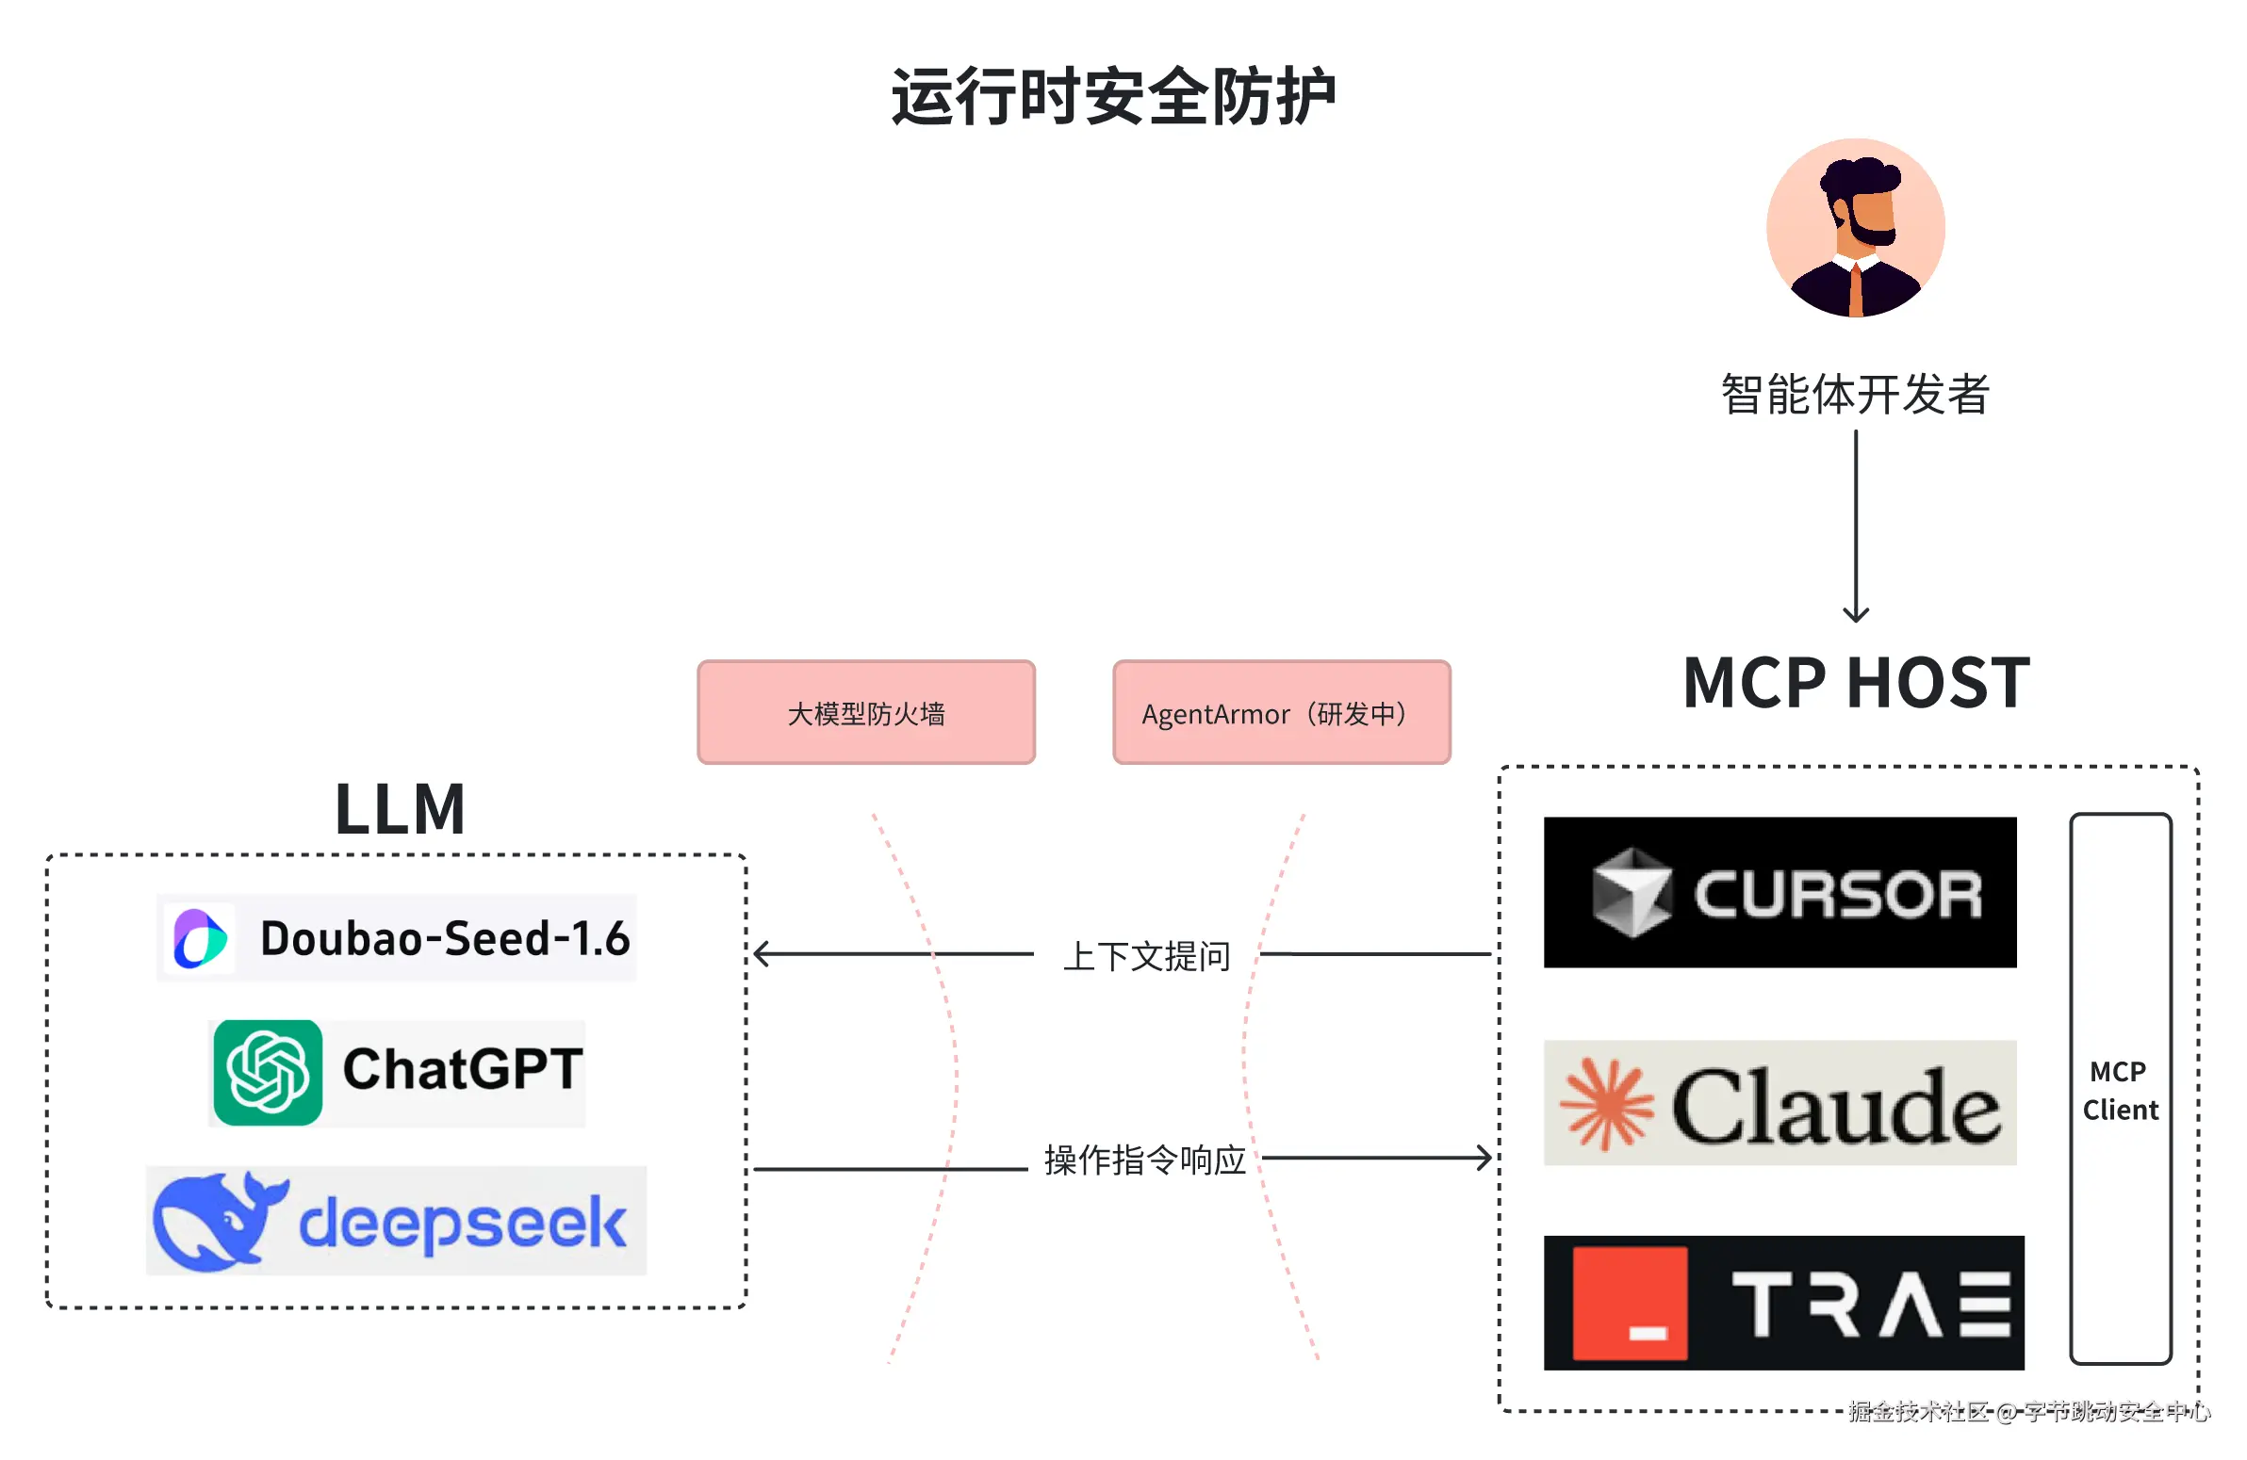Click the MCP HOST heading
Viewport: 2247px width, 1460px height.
click(x=1855, y=682)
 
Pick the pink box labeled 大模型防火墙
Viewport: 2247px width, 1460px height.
click(x=866, y=712)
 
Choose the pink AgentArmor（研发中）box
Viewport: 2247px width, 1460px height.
click(x=1281, y=712)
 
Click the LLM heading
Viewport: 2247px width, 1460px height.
click(x=400, y=809)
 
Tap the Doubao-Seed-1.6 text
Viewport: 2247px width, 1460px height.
click(x=445, y=938)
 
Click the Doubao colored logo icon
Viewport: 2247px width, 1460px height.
click(x=199, y=938)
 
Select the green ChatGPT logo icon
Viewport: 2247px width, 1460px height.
click(x=268, y=1072)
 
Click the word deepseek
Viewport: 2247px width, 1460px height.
click(x=463, y=1224)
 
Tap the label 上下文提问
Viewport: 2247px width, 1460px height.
click(x=1146, y=956)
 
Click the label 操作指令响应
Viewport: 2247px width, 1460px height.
click(x=1144, y=1160)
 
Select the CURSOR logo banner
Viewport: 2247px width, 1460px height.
click(x=1780, y=892)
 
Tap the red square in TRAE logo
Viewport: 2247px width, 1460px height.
click(x=1630, y=1304)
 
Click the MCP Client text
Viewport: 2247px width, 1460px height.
click(x=2120, y=1090)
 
